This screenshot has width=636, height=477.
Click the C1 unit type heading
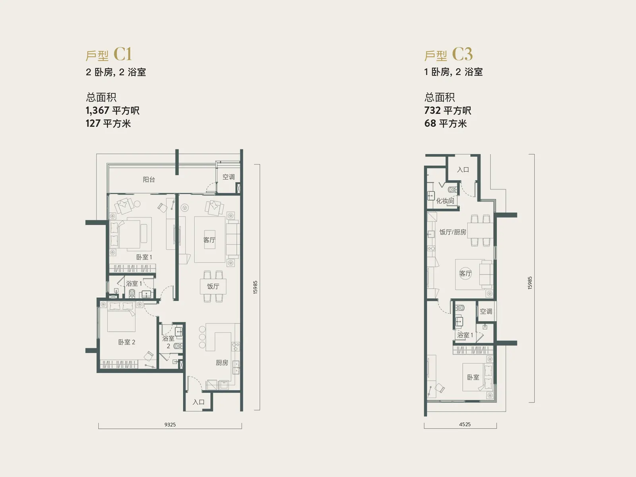(x=109, y=54)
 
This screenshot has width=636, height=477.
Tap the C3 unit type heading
(x=448, y=54)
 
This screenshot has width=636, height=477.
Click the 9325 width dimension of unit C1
(x=170, y=425)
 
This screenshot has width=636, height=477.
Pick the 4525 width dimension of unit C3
(x=465, y=424)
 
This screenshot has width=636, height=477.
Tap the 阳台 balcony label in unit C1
(x=149, y=179)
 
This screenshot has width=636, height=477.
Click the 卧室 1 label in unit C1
(x=144, y=257)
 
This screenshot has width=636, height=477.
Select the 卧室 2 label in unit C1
(x=126, y=342)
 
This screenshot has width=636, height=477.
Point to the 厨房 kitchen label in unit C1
(x=222, y=363)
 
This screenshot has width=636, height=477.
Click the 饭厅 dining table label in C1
(x=213, y=286)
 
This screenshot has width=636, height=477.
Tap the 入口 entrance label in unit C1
(x=198, y=402)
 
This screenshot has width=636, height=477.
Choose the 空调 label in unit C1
(x=228, y=177)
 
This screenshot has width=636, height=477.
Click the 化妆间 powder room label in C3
(x=445, y=201)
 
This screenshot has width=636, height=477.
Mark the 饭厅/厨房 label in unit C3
(x=452, y=232)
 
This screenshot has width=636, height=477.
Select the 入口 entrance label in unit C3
(x=463, y=170)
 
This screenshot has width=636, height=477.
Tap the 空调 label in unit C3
(x=486, y=311)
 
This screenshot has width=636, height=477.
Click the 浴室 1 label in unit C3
(x=465, y=335)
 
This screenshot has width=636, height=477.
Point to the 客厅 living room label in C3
(x=465, y=273)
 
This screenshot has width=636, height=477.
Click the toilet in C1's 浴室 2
(x=178, y=346)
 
